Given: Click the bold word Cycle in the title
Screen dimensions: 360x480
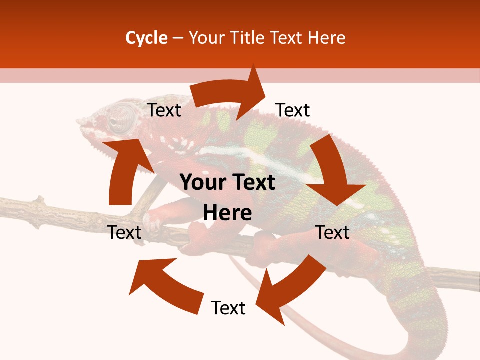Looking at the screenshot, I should [x=146, y=38].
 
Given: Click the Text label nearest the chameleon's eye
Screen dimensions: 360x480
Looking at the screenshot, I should [x=164, y=110].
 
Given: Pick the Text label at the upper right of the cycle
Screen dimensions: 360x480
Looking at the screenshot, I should [x=293, y=110].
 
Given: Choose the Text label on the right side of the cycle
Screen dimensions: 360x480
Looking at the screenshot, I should [x=333, y=232].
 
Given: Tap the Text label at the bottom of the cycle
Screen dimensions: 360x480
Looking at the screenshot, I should [x=228, y=308].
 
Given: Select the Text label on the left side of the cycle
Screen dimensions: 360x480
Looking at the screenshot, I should [x=125, y=232].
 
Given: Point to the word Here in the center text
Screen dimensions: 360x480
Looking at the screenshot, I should [x=227, y=213].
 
